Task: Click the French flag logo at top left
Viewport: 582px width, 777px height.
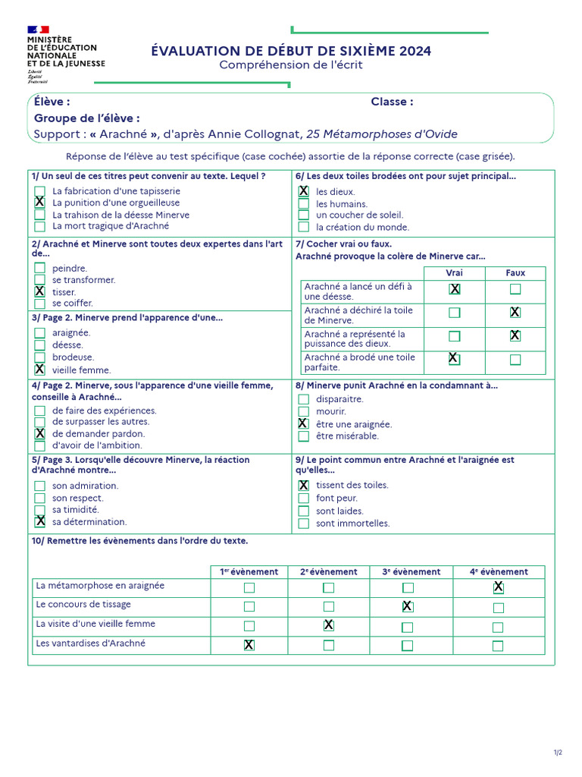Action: (38, 30)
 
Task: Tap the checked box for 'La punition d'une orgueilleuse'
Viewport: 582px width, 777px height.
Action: (39, 203)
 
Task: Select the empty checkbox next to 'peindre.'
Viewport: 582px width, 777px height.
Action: (39, 268)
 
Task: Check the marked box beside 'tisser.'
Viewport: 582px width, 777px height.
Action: (39, 291)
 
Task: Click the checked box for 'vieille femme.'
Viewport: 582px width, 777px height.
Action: (39, 370)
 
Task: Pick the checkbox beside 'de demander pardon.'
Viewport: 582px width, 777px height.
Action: (39, 433)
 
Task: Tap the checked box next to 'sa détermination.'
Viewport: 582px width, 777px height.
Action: (39, 521)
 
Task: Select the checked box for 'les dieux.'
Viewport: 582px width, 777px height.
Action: (303, 191)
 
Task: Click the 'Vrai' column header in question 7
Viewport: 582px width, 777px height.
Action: (454, 272)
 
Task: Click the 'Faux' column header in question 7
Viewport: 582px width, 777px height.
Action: (515, 272)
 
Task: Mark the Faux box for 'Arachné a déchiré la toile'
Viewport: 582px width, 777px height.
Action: (515, 312)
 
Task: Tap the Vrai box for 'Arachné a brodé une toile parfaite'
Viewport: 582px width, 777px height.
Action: (454, 359)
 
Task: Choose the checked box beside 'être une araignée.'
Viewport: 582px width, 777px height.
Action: (303, 423)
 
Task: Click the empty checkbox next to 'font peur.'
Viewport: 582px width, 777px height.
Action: (303, 498)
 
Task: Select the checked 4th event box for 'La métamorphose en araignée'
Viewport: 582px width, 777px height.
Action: (498, 587)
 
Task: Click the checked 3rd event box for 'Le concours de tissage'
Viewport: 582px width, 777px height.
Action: (407, 606)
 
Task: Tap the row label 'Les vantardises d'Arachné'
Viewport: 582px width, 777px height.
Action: (90, 643)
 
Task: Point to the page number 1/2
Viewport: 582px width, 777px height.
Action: (558, 752)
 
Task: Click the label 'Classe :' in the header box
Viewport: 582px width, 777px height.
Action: (392, 102)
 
